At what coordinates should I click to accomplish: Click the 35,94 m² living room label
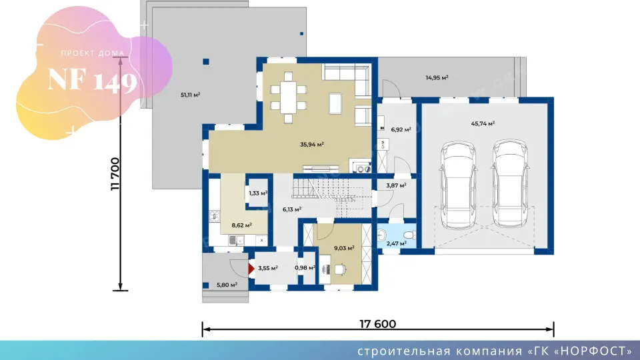312,144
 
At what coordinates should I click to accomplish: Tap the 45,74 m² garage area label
483,123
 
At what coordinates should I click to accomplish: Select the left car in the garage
458,184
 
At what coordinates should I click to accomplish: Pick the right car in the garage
510,184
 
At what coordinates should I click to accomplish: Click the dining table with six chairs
288,97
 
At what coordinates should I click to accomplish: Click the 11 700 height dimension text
115,174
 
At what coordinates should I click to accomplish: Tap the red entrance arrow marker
251,269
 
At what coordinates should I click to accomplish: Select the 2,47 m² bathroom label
396,244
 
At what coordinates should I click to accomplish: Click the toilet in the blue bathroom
409,235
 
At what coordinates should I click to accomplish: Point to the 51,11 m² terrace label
190,95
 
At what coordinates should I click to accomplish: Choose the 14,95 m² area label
437,77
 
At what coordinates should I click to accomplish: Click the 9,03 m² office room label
344,248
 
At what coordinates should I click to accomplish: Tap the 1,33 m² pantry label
258,193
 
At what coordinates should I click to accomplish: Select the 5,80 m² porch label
227,285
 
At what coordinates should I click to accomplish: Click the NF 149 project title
92,81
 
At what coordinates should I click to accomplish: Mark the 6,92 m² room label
401,130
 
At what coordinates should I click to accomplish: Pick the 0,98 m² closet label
305,268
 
